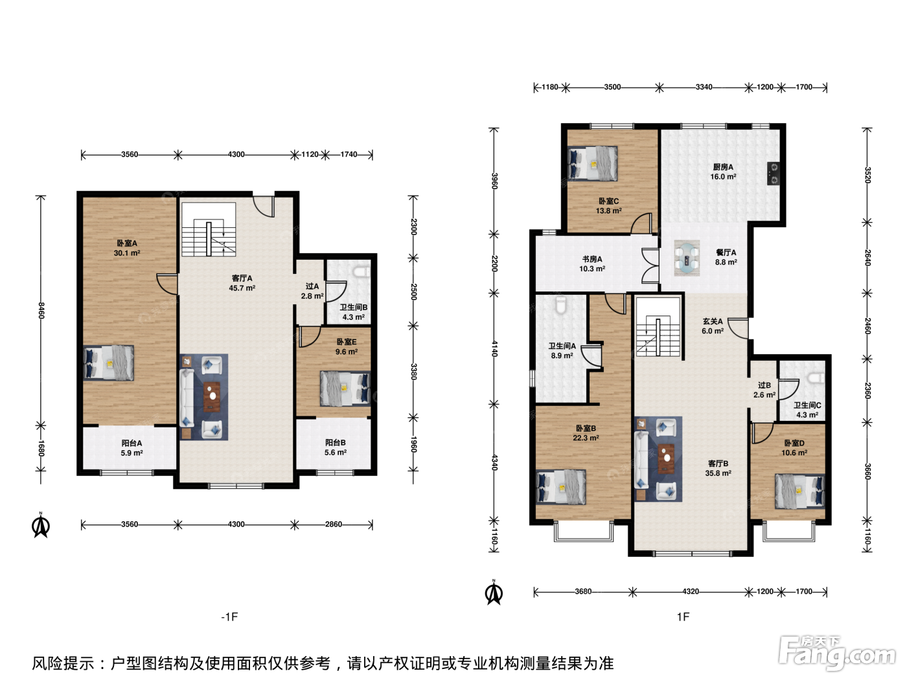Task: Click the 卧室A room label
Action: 127,244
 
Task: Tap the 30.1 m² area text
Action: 127,253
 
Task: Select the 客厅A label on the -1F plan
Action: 242,278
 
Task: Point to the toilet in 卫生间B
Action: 362,272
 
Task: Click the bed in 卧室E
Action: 345,389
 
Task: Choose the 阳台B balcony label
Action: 335,442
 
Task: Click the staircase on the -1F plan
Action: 209,229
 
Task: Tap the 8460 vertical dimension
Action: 41,310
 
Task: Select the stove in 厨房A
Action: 774,174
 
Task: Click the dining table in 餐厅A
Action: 687,258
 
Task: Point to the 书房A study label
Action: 592,259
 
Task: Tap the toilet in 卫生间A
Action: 561,305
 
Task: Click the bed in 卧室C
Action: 593,163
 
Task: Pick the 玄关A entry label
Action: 713,321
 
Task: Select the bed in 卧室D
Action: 799,491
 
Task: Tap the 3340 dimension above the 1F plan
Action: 704,87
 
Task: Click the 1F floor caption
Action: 683,617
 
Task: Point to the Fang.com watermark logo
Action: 837,653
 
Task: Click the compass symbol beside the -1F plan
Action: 41,525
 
